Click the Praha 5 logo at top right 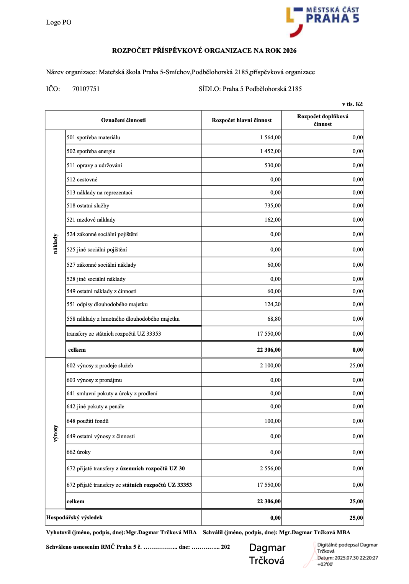point(322,21)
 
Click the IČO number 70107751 point(86,89)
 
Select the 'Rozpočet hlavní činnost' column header point(242,120)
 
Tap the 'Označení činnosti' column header point(123,120)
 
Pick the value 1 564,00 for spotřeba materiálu point(270,137)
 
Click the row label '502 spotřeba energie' point(91,151)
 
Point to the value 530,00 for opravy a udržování point(273,165)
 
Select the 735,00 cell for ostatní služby point(273,206)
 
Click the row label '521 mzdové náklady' point(91,220)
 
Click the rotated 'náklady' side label point(56,244)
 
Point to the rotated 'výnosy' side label point(56,433)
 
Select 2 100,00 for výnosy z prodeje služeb point(270,365)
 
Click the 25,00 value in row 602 point(356,365)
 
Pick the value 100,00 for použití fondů point(273,421)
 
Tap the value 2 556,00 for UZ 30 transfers point(270,468)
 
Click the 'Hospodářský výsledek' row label point(75,517)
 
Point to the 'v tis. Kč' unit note point(352,104)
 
